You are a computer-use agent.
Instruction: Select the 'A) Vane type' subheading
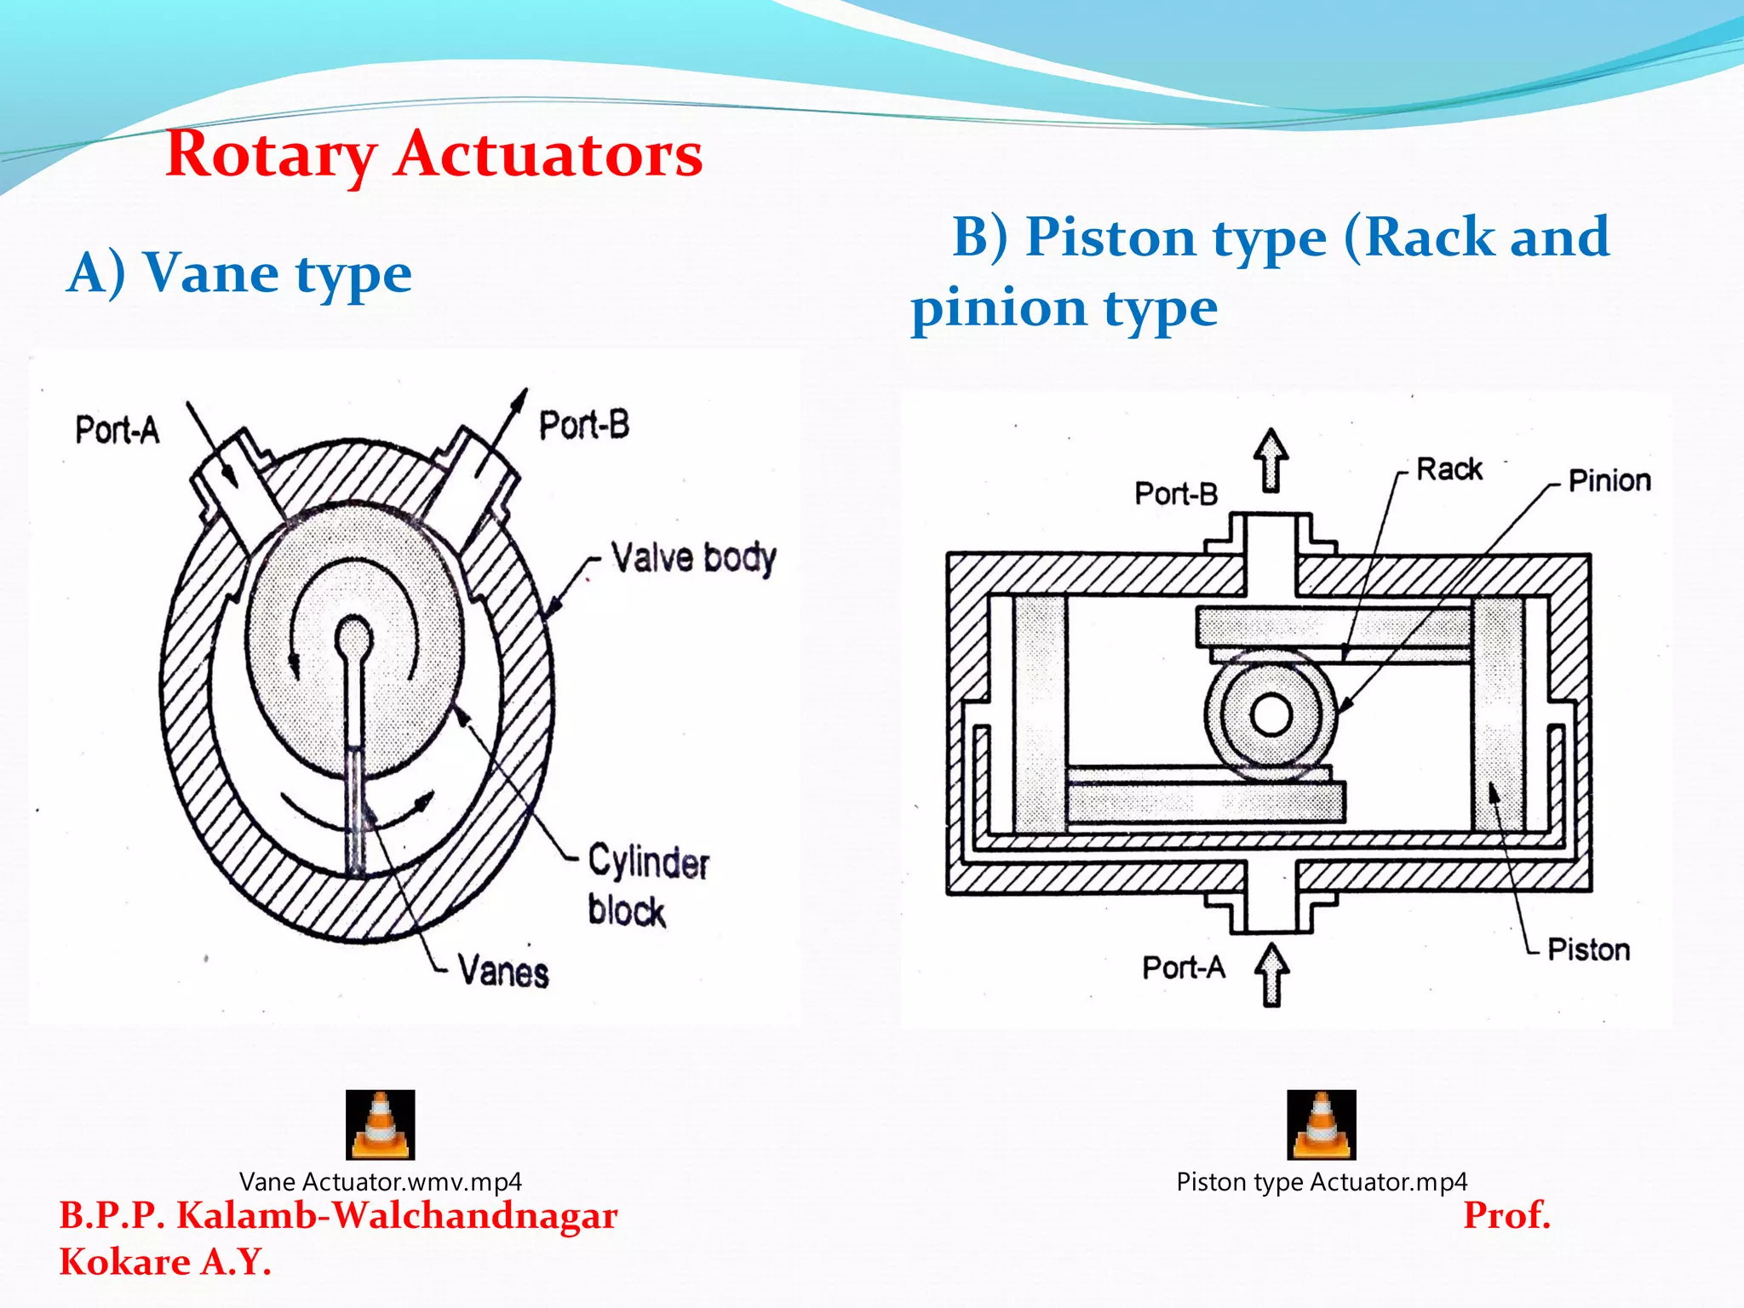[x=239, y=273]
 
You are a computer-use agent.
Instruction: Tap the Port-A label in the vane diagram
[x=118, y=430]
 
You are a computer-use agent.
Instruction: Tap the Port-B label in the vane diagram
[x=584, y=425]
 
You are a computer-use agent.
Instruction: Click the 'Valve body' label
[x=693, y=559]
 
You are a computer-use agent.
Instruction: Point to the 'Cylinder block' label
[x=647, y=884]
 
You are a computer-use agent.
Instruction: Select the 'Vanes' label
[x=503, y=972]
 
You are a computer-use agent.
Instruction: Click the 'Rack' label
[x=1449, y=469]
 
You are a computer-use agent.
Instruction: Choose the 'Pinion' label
[x=1609, y=480]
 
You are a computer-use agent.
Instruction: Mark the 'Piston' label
[x=1588, y=949]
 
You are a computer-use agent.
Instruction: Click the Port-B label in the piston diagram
[x=1176, y=494]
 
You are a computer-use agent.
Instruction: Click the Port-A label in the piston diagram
[x=1184, y=968]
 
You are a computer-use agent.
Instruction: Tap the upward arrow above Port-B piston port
[x=1271, y=461]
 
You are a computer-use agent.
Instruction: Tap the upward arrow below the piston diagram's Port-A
[x=1272, y=975]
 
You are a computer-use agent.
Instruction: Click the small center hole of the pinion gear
[x=1272, y=715]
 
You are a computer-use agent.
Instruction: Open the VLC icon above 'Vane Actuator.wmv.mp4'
[x=381, y=1125]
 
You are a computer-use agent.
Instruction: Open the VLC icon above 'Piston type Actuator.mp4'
[x=1322, y=1125]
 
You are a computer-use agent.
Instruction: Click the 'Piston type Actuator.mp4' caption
[x=1322, y=1182]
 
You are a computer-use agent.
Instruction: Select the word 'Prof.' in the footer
[x=1506, y=1215]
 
